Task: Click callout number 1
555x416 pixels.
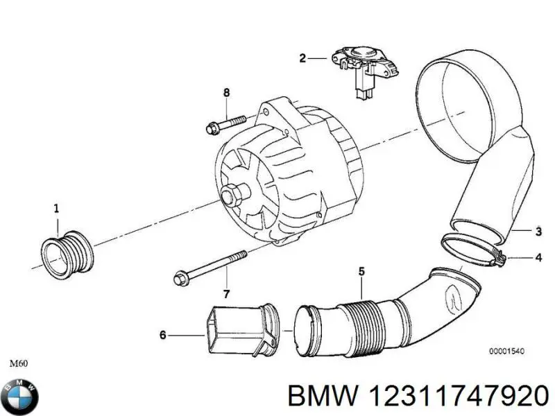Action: click(57, 207)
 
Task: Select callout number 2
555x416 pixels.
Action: click(302, 58)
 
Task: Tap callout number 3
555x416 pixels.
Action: click(538, 232)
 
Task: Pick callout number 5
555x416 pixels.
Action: click(361, 271)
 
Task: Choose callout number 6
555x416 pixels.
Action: click(163, 336)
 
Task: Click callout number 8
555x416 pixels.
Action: click(225, 93)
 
